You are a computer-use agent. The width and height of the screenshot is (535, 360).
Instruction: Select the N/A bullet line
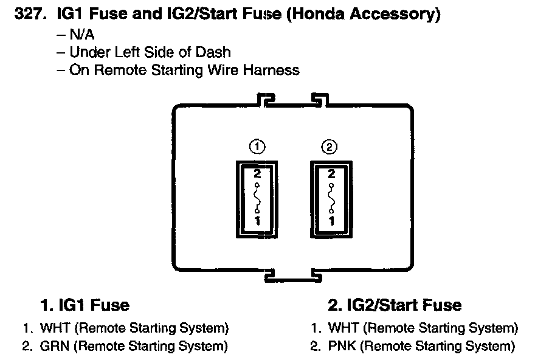76,35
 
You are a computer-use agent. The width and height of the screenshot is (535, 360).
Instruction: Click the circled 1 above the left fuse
257,147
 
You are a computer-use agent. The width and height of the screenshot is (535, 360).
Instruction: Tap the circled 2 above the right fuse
330,147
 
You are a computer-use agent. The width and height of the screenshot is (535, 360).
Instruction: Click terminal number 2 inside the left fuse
257,174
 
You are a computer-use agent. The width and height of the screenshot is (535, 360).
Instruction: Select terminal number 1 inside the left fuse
258,220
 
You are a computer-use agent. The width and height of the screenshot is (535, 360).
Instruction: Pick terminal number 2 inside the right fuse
331,174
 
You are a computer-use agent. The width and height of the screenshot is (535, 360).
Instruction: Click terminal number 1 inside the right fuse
332,220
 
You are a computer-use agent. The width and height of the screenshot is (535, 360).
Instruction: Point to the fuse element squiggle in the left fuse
257,198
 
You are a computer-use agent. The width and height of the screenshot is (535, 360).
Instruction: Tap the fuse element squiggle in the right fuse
331,198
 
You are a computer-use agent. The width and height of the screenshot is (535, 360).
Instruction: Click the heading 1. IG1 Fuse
85,305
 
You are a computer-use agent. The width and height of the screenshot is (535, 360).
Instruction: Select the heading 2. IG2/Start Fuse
395,305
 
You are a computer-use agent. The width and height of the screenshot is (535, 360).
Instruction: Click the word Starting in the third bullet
177,71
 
